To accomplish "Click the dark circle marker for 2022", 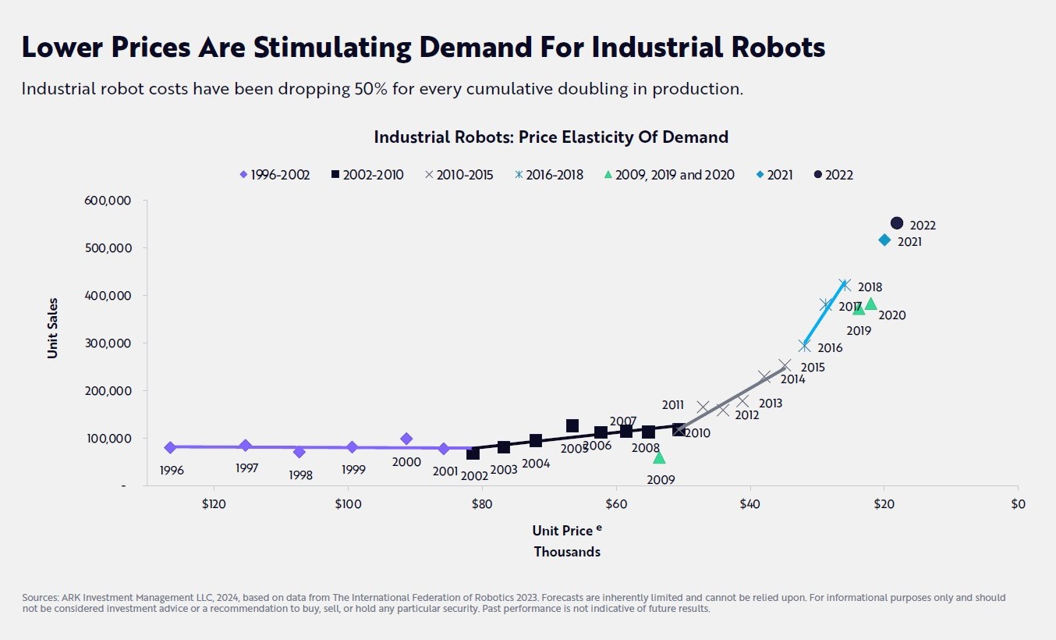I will pos(897,223).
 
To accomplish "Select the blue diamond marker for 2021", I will pos(884,240).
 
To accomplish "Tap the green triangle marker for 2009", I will pos(659,457).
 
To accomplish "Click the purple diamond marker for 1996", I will pos(170,447).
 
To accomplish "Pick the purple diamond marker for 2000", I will pos(406,439).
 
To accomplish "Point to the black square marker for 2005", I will pos(572,425).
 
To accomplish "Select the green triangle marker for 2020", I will pos(871,304).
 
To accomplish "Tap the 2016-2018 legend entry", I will pos(550,175).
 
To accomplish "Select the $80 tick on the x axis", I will pos(482,504).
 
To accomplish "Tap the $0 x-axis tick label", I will pos(1018,504).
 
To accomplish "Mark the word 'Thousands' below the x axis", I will pos(567,552).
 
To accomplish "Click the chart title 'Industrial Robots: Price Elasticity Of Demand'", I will pos(551,137).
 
